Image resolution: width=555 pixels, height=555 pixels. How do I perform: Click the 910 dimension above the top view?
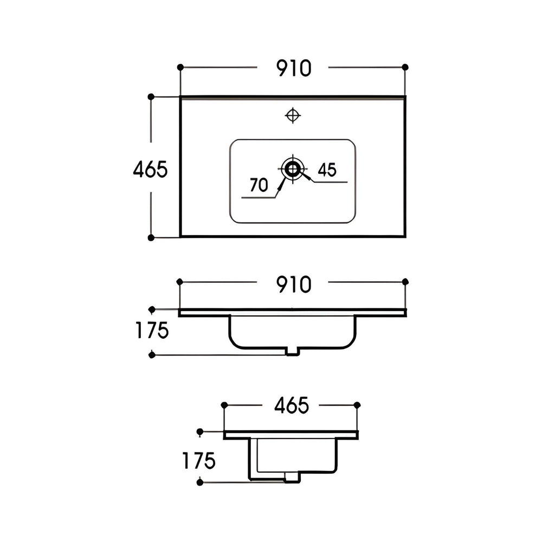tap(294, 68)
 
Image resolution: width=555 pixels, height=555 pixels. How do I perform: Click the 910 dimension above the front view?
tap(294, 284)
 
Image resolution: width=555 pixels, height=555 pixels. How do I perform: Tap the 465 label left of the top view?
tap(150, 170)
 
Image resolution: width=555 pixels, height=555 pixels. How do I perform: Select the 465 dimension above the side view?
tap(291, 405)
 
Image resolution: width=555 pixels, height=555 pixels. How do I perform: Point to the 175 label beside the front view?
tap(152, 331)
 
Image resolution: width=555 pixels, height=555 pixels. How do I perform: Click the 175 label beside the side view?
tap(199, 461)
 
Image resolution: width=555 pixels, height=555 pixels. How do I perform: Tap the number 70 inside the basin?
tap(259, 185)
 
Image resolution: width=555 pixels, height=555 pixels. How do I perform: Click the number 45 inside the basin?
tap(327, 170)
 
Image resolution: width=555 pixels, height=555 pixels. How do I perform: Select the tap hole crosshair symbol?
tap(293, 115)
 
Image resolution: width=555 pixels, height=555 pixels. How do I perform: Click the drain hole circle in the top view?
tap(293, 169)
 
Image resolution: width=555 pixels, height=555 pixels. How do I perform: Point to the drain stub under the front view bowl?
tap(293, 352)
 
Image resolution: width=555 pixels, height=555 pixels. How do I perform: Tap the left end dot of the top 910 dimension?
tap(180, 67)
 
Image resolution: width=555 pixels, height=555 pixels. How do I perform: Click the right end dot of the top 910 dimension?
tap(405, 67)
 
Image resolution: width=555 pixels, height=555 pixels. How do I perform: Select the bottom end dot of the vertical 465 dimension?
tap(151, 237)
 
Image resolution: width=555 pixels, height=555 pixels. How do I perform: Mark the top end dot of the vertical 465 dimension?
tap(151, 96)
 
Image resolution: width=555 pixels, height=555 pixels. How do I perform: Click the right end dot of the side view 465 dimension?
tap(357, 405)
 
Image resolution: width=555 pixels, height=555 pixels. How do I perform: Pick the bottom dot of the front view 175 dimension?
tap(152, 355)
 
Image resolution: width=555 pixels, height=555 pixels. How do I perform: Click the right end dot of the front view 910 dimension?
tap(405, 282)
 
